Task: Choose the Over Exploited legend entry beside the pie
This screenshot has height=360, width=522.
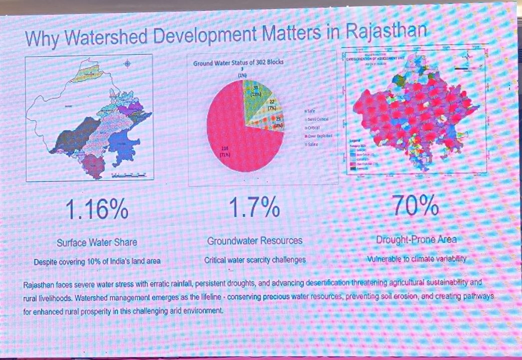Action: click(317, 135)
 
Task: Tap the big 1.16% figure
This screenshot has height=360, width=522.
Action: click(97, 208)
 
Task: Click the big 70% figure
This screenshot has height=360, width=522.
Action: click(415, 204)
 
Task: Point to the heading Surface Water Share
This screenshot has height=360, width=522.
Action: click(97, 242)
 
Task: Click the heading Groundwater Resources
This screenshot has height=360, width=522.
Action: click(255, 240)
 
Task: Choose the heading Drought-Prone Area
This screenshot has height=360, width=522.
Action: click(416, 239)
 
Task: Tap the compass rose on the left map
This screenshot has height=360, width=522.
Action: click(128, 63)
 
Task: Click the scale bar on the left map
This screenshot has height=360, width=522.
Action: click(130, 175)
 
